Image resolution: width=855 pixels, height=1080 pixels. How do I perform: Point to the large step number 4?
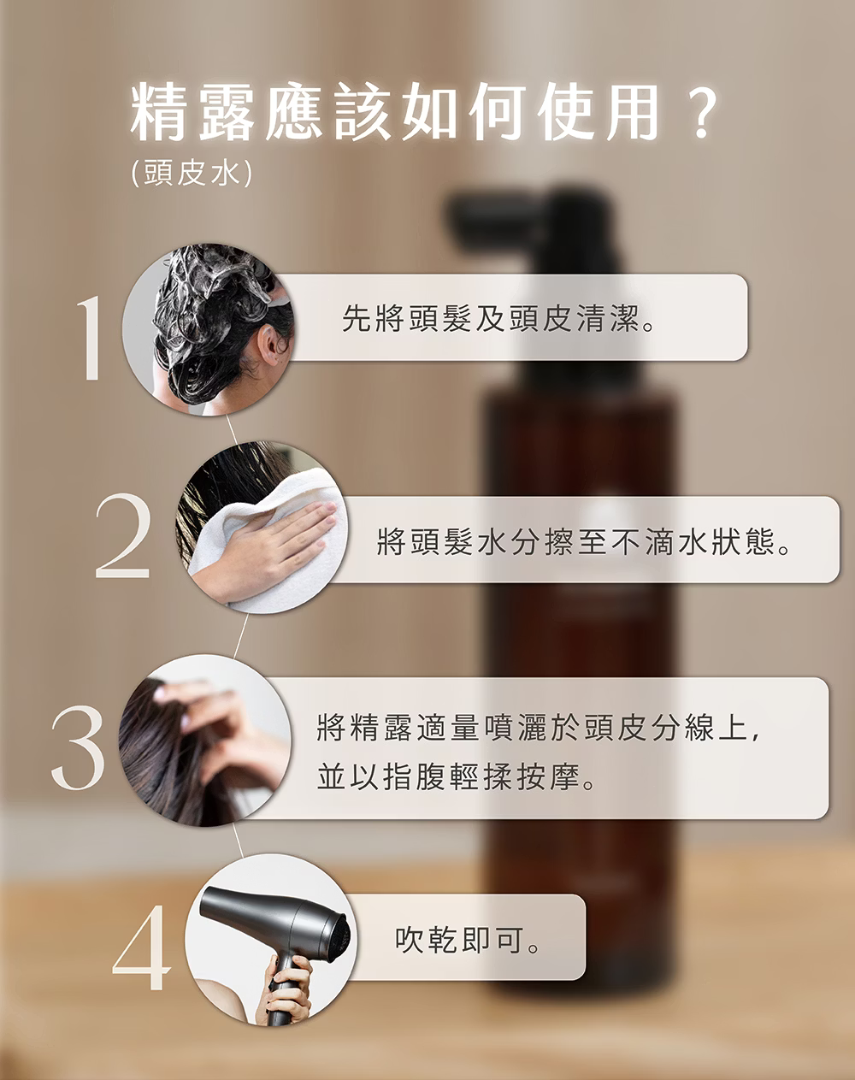click(142, 947)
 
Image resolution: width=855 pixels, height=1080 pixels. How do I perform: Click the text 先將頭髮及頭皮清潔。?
click(498, 318)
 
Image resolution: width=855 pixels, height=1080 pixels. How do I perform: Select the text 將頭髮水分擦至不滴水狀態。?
click(584, 541)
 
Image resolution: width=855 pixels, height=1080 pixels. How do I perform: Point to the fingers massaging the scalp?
click(201, 703)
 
